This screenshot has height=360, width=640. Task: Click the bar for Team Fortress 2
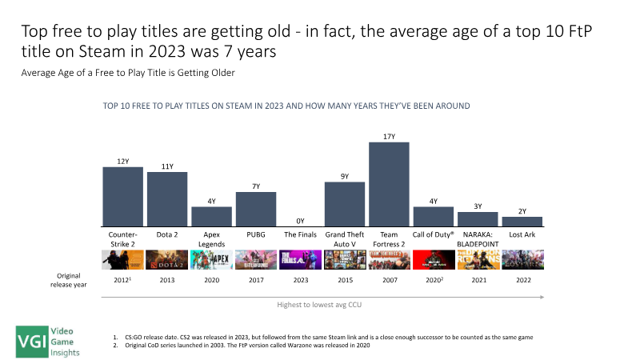point(389,184)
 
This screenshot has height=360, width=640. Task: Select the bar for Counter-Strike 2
point(123,196)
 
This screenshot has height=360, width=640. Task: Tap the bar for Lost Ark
point(522,221)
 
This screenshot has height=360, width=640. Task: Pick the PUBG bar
point(256,209)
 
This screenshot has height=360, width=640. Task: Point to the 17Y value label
point(389,137)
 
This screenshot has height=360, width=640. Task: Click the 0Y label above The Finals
point(300,220)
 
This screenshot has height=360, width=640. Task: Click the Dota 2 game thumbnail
point(167,260)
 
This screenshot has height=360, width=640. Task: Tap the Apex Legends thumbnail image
point(211,260)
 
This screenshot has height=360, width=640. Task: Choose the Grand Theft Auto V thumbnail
point(345,260)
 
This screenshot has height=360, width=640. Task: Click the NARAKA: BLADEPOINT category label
point(478,239)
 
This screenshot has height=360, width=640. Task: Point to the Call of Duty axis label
point(434,235)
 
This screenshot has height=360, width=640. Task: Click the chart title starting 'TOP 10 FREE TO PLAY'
point(286,106)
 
